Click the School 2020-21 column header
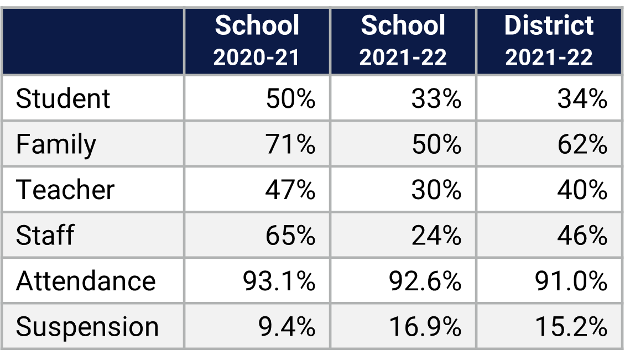[x=257, y=41]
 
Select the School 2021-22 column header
[x=403, y=41]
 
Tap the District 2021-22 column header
[x=549, y=41]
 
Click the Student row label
[x=63, y=99]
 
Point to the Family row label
[x=56, y=145]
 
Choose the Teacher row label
[x=65, y=190]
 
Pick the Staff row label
[x=45, y=236]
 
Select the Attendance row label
[x=86, y=281]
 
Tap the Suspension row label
[x=87, y=327]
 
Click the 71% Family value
[x=290, y=145]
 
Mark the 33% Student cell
[x=436, y=99]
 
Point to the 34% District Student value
[x=582, y=99]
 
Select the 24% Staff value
[x=436, y=236]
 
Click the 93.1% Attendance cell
[x=279, y=281]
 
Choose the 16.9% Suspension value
[x=425, y=327]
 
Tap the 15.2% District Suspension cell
[x=571, y=327]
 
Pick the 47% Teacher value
[x=290, y=190]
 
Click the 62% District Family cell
[x=582, y=145]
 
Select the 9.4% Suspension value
[x=287, y=327]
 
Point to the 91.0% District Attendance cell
[x=571, y=281]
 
